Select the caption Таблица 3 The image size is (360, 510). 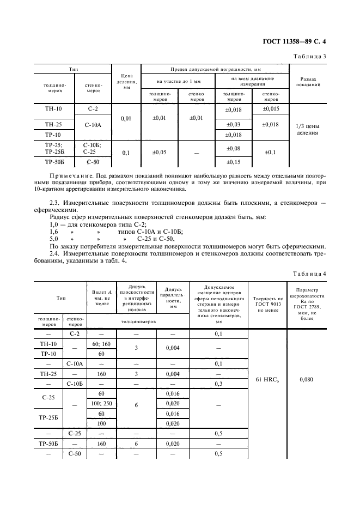tap(310, 56)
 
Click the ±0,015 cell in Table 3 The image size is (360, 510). tap(271, 110)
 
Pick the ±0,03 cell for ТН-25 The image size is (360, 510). tap(234, 125)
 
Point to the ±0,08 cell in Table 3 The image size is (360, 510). tap(234, 148)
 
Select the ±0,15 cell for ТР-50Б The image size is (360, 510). tap(234, 162)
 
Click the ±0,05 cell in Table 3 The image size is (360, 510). tap(160, 153)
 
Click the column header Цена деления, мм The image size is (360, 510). tap(126, 81)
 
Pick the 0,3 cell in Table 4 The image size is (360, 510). tap(218, 384)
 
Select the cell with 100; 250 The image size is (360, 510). tap(101, 403)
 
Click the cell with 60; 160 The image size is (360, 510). tap(101, 344)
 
